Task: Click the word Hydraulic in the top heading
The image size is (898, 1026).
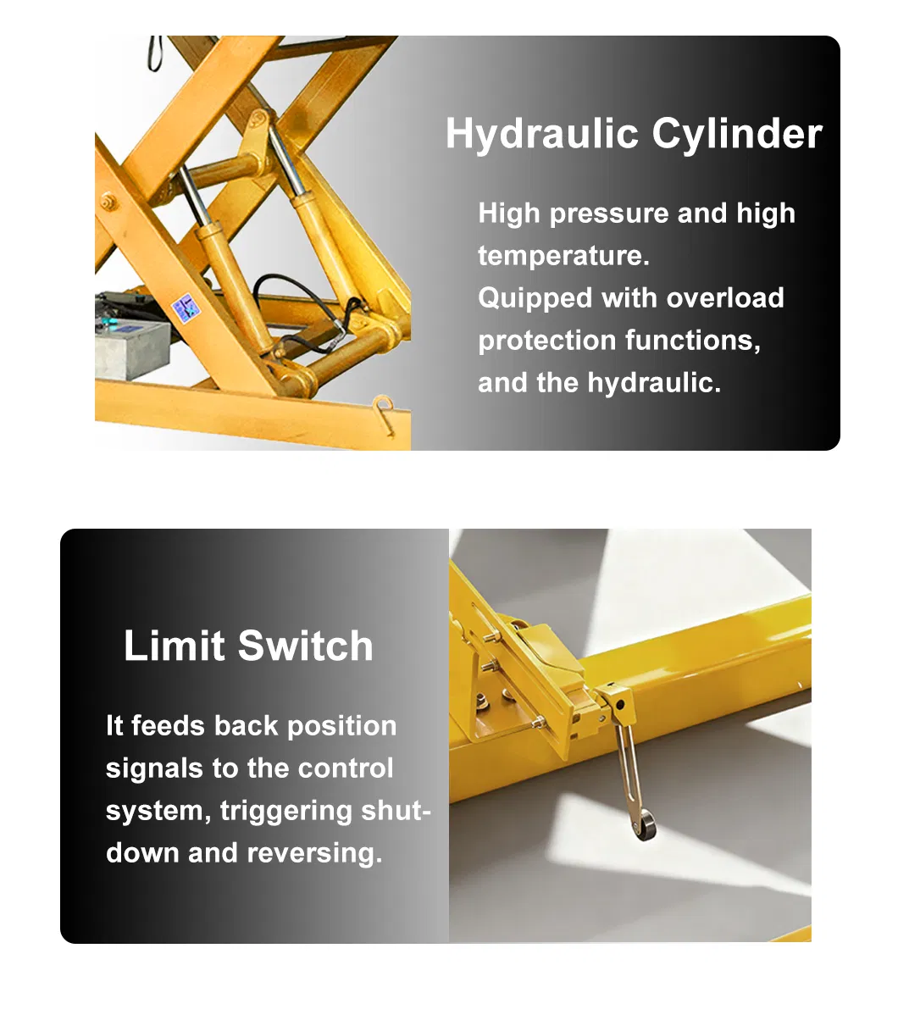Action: coord(541,135)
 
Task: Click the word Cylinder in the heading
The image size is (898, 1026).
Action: coord(737,133)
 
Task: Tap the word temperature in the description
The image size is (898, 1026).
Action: coord(563,256)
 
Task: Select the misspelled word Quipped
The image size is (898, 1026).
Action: coord(535,299)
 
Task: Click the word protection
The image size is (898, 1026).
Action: coord(546,341)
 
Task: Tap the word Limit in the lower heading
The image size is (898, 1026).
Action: coord(175,646)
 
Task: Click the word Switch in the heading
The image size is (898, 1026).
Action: coord(305,646)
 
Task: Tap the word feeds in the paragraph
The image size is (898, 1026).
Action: coord(169,725)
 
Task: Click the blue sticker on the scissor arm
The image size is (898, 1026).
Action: coord(186,308)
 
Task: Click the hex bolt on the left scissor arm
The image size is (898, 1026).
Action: coord(108,202)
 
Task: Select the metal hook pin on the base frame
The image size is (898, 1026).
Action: coord(385,413)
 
